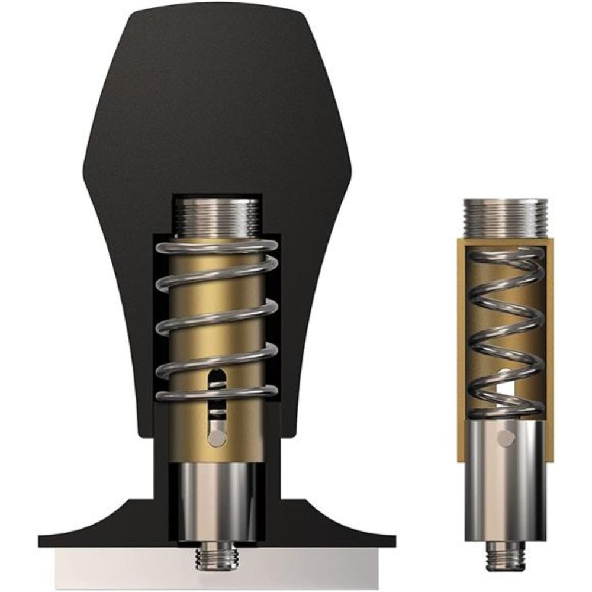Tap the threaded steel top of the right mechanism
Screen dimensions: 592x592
505,218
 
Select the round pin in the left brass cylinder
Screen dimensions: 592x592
217,437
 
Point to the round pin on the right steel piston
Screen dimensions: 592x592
504,438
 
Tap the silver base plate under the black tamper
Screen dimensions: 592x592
118,559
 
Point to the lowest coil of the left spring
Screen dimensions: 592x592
217,392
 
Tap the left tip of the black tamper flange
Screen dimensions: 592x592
44,540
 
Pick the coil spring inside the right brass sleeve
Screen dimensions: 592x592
505,332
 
